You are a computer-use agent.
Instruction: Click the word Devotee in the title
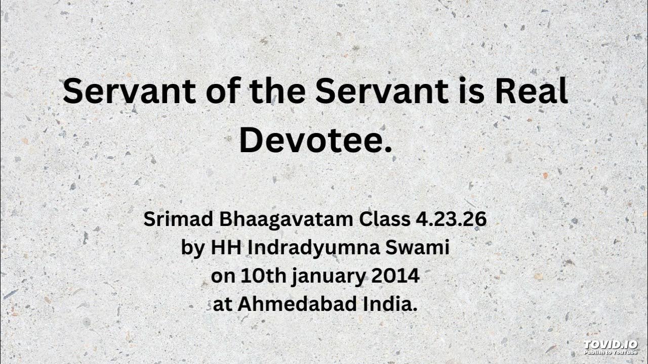click(x=315, y=141)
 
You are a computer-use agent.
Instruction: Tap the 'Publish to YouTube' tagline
click(x=610, y=351)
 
